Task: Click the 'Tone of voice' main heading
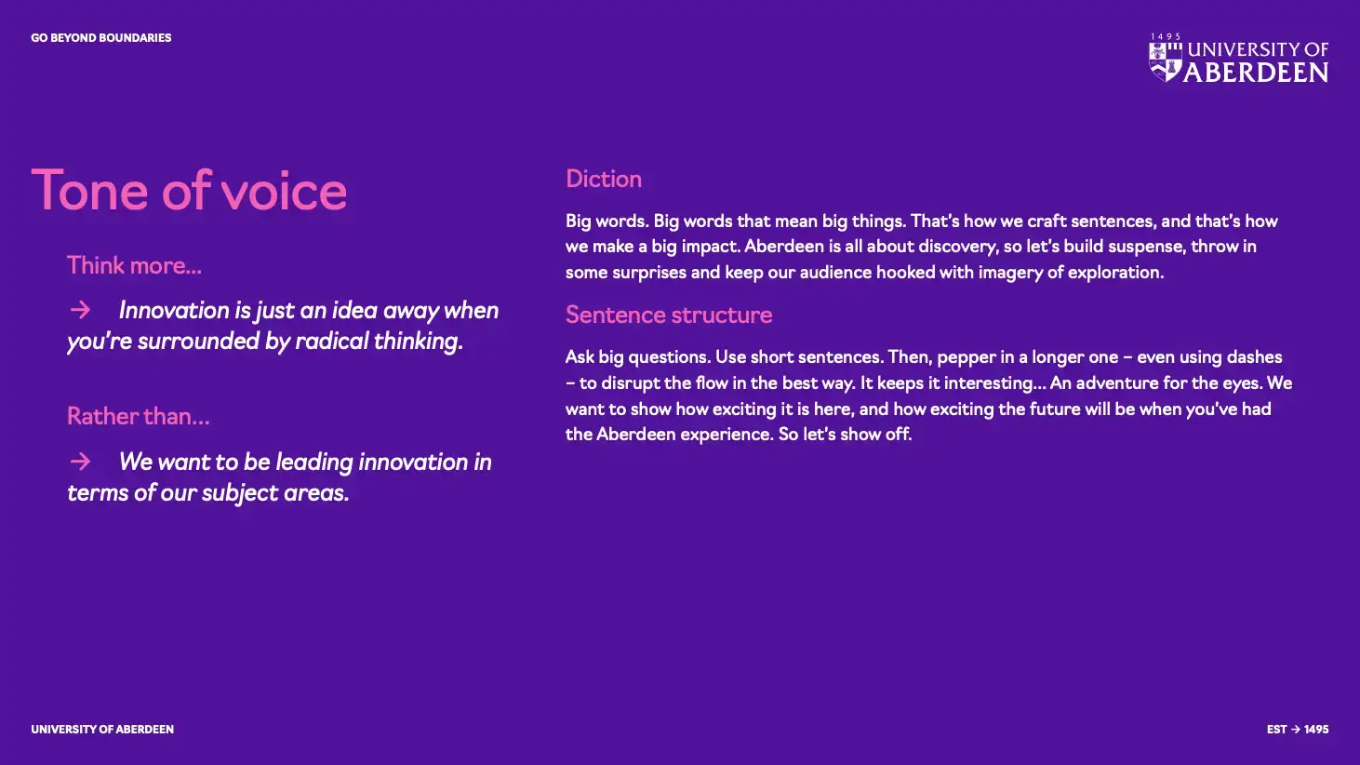[189, 191]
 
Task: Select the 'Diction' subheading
[604, 180]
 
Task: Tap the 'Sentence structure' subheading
[669, 315]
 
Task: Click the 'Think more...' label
[134, 265]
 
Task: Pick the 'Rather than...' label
[139, 416]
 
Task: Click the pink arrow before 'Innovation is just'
[80, 311]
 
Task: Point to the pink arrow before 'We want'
[80, 462]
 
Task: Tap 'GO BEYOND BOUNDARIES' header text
[101, 37]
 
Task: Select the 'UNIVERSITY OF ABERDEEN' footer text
[102, 729]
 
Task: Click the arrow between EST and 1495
[1295, 729]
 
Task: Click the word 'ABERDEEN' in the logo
[1256, 73]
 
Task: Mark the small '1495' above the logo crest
[1166, 36]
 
